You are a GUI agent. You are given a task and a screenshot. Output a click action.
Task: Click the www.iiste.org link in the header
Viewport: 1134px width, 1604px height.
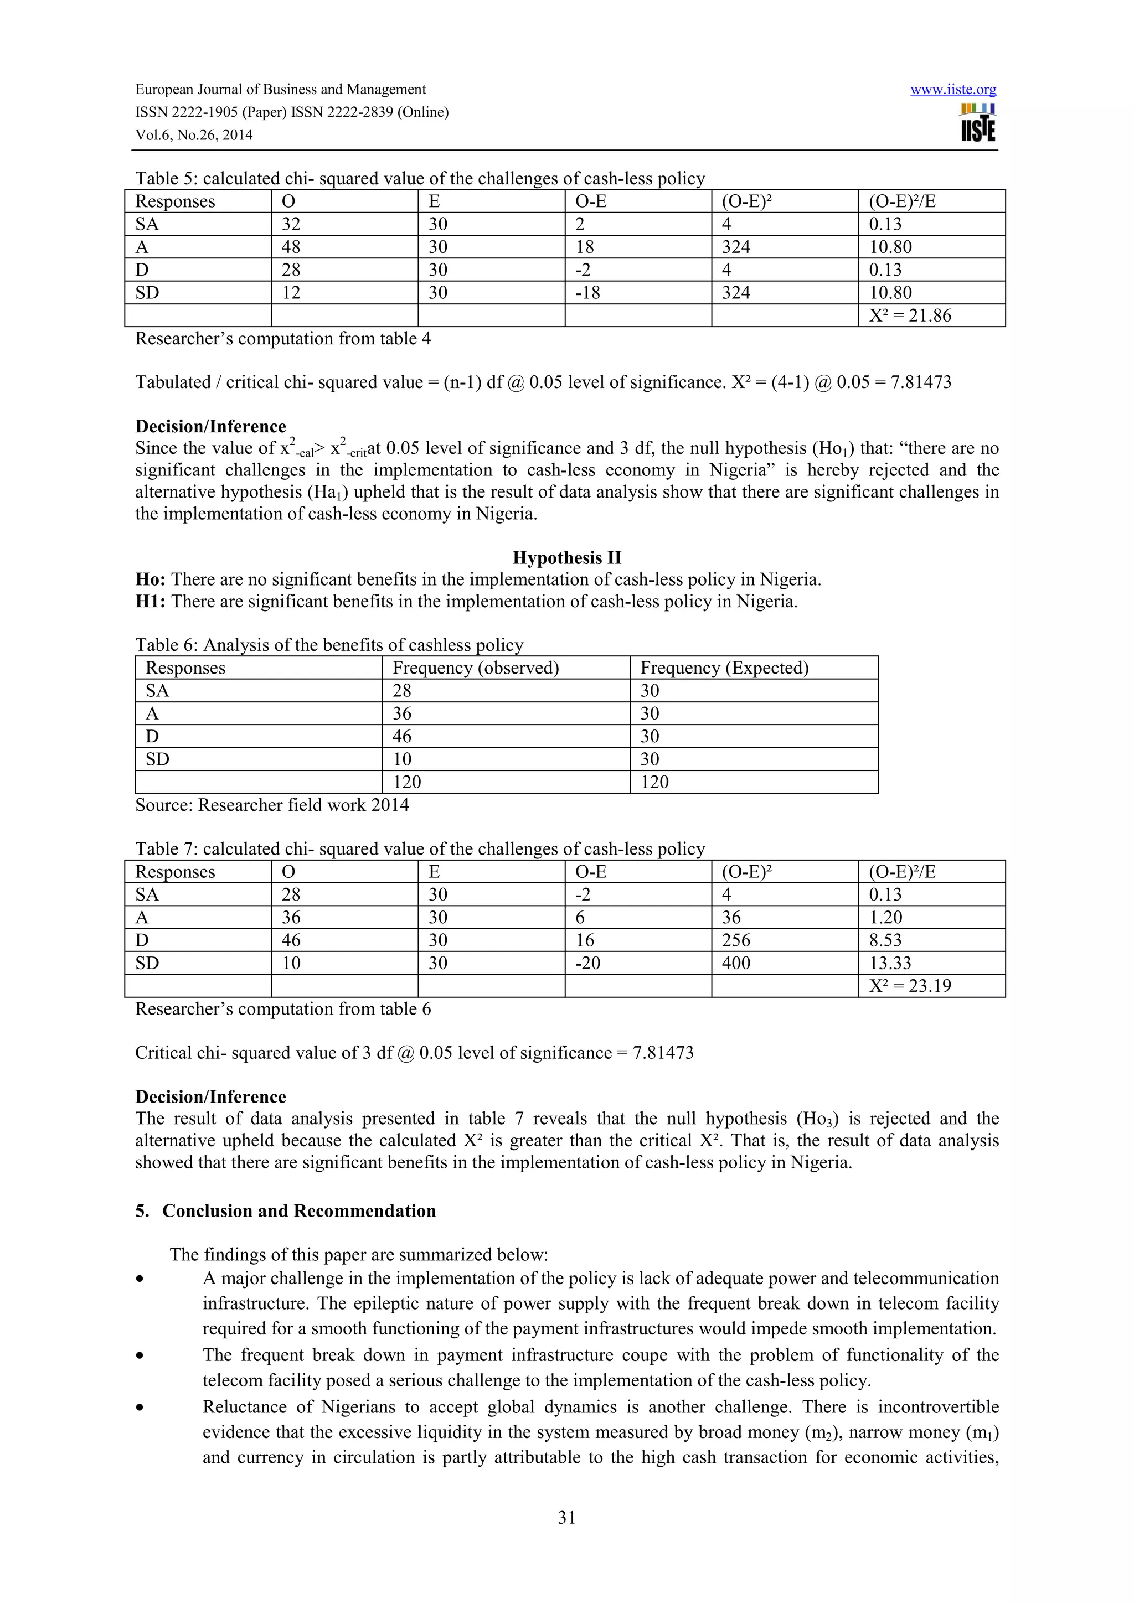tap(952, 90)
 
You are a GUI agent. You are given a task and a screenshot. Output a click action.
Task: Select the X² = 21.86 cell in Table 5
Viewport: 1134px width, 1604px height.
tap(910, 316)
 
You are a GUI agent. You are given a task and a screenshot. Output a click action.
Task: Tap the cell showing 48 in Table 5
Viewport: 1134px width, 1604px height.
tap(291, 247)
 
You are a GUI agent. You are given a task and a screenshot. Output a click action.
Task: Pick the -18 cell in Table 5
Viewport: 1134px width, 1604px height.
tap(587, 293)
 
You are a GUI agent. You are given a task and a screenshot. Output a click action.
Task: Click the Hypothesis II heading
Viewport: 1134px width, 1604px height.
tap(566, 557)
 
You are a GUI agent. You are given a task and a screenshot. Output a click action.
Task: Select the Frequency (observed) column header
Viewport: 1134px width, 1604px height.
tap(476, 668)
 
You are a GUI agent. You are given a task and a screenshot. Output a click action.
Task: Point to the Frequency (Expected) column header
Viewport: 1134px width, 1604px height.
tap(724, 668)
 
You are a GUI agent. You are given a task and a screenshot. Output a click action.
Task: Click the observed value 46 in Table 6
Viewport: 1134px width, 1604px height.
tap(402, 736)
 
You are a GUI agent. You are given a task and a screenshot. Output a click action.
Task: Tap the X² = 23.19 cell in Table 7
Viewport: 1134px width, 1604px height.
tap(910, 986)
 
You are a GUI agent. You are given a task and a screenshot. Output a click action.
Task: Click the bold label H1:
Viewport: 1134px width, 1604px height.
tap(150, 602)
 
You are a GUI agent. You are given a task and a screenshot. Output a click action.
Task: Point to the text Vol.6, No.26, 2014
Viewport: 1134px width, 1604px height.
tap(194, 135)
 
